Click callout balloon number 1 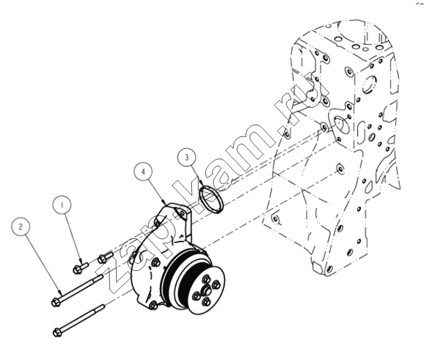pos(62,205)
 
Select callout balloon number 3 pos(187,157)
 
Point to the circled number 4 pos(143,171)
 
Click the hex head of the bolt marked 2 pos(55,302)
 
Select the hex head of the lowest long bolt pos(57,332)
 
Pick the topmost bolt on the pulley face pos(207,279)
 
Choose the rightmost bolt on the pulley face pos(217,285)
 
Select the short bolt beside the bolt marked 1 pos(105,257)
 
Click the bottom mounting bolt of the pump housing pos(154,305)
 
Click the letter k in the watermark pos(194,200)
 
